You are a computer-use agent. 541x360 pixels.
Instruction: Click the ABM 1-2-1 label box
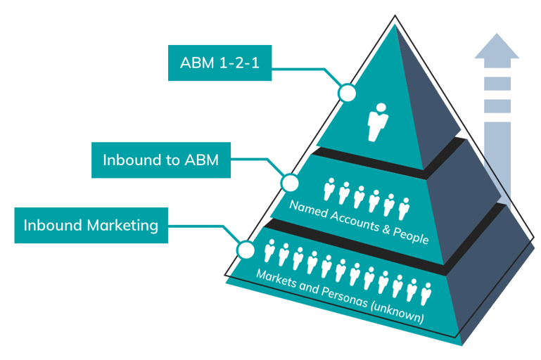pos(219,63)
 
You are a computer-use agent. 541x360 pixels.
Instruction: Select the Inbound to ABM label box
pos(161,160)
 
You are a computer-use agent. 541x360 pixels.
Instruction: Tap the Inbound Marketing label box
pos(91,225)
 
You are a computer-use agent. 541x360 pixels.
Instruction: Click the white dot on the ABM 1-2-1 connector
pos(347,93)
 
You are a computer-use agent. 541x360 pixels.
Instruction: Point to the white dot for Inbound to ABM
pos(290,183)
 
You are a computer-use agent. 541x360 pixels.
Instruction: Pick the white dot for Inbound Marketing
pos(246,250)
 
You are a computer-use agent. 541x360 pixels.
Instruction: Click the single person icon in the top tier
pos(378,122)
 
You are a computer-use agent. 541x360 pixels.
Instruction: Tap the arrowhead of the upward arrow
pos(497,47)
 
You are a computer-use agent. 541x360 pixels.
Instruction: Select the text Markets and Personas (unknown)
pos(340,295)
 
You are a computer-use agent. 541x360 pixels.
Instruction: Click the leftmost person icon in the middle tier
pos(329,189)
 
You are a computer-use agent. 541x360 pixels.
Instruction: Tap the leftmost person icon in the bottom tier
pos(269,251)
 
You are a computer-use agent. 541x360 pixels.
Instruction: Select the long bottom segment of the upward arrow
pos(497,162)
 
